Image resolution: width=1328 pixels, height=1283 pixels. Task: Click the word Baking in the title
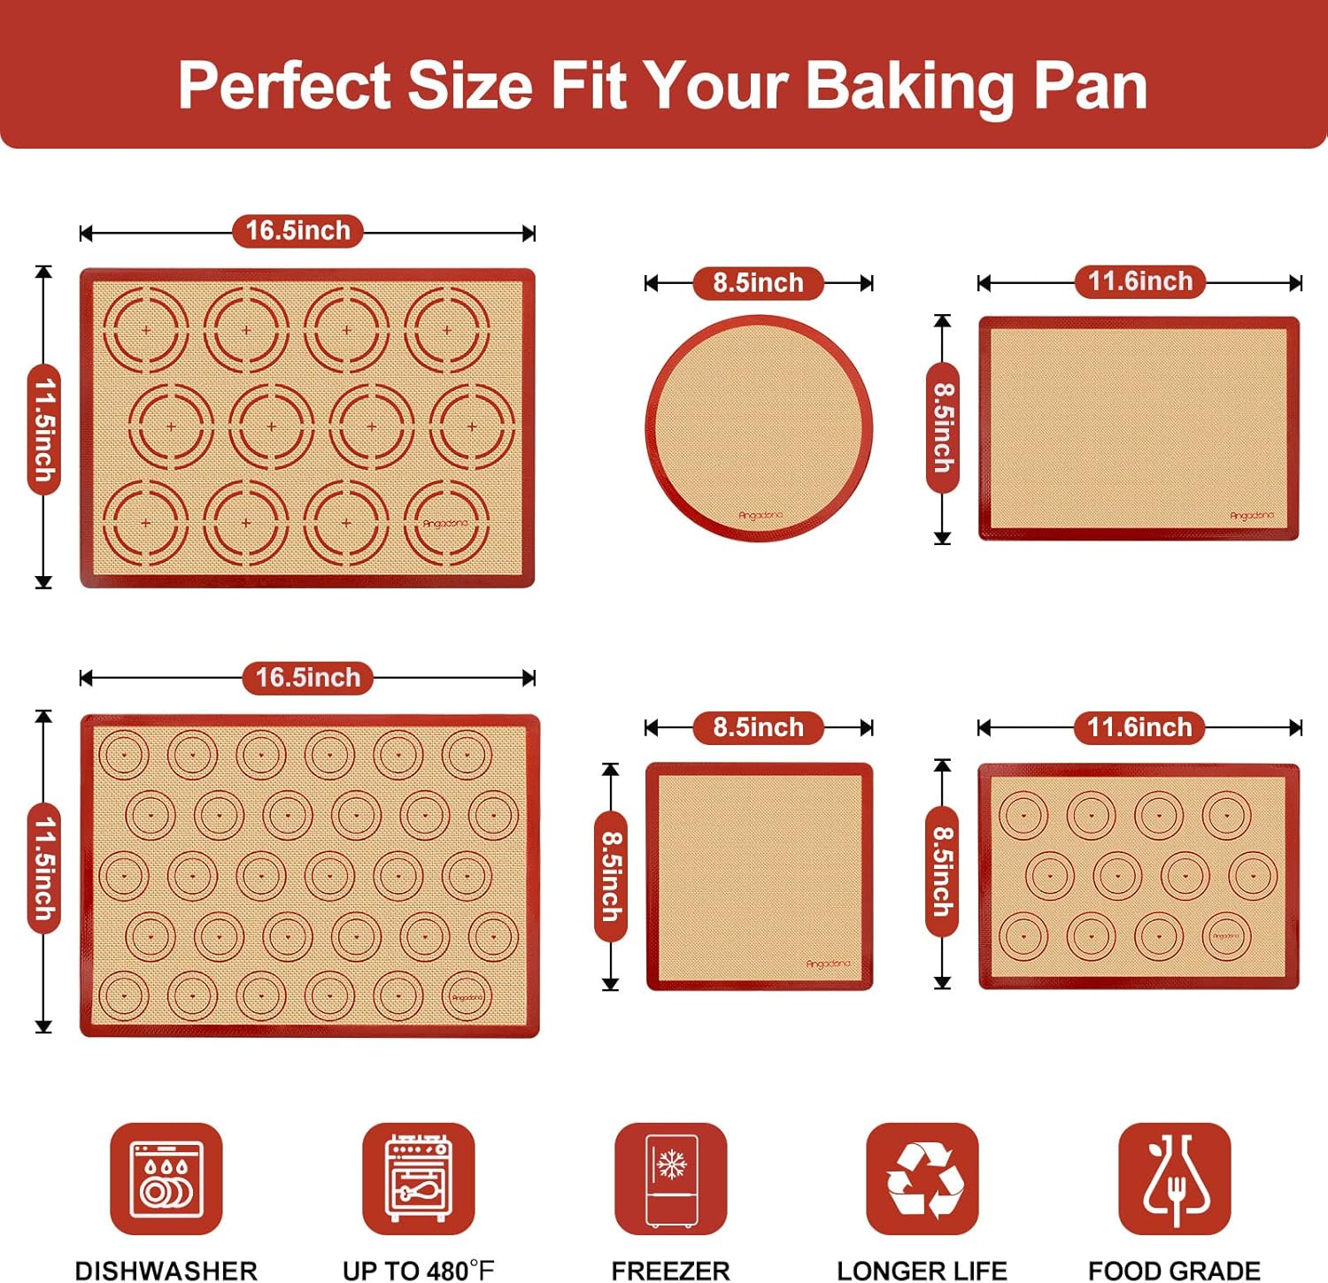pyautogui.click(x=909, y=87)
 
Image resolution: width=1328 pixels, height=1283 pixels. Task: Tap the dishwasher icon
pyautogui.click(x=166, y=1179)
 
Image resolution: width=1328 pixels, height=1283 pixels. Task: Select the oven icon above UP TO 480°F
pyautogui.click(x=418, y=1179)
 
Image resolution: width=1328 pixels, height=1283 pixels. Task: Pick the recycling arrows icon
pyautogui.click(x=923, y=1179)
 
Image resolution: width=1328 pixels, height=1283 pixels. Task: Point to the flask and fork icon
pyautogui.click(x=1174, y=1179)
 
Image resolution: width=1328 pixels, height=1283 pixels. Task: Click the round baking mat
pyautogui.click(x=759, y=428)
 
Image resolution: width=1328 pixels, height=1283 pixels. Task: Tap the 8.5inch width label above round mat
pyautogui.click(x=758, y=283)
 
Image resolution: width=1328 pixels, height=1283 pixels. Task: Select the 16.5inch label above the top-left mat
pyautogui.click(x=297, y=231)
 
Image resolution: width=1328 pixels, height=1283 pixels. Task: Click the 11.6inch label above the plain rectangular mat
pyautogui.click(x=1139, y=281)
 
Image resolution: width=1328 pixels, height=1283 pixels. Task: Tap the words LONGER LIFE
pyautogui.click(x=922, y=1271)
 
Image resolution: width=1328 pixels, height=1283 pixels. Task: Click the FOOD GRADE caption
pyautogui.click(x=1174, y=1271)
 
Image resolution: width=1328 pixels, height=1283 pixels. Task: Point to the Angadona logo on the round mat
pyautogui.click(x=761, y=515)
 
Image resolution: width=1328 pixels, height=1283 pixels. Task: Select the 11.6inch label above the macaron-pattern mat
pyautogui.click(x=1139, y=727)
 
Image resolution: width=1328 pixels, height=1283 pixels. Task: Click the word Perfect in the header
pyautogui.click(x=284, y=87)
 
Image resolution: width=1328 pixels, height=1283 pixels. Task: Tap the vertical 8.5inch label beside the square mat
pyautogui.click(x=611, y=875)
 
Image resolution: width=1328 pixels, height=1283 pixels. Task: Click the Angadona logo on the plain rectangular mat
pyautogui.click(x=1251, y=515)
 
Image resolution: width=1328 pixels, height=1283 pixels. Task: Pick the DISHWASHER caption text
pyautogui.click(x=166, y=1271)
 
